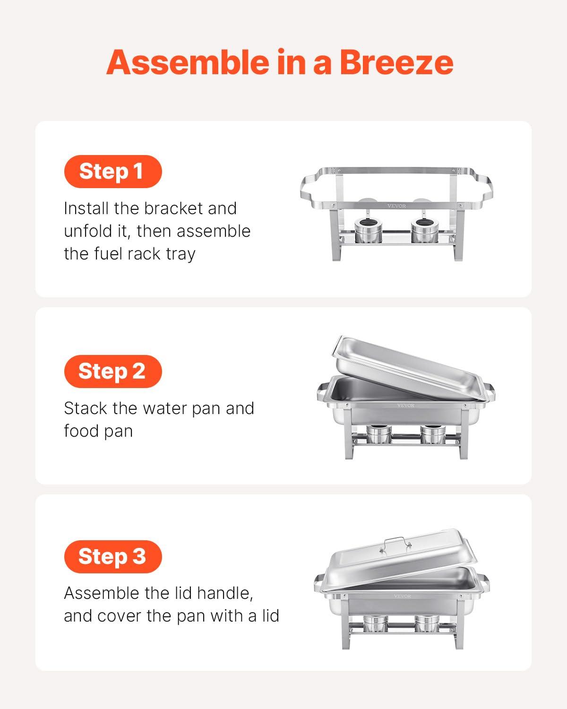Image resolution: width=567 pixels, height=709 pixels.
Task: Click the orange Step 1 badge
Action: click(112, 171)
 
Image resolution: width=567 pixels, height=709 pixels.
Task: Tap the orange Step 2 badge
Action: click(112, 371)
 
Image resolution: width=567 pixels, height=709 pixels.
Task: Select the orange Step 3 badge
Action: click(112, 556)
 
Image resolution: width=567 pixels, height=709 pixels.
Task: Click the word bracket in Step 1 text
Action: click(178, 208)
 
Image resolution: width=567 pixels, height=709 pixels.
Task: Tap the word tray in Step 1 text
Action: click(180, 254)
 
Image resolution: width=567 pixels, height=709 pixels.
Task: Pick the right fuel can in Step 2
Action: click(431, 435)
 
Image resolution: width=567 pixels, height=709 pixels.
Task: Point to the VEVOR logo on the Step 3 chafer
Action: click(403, 596)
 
